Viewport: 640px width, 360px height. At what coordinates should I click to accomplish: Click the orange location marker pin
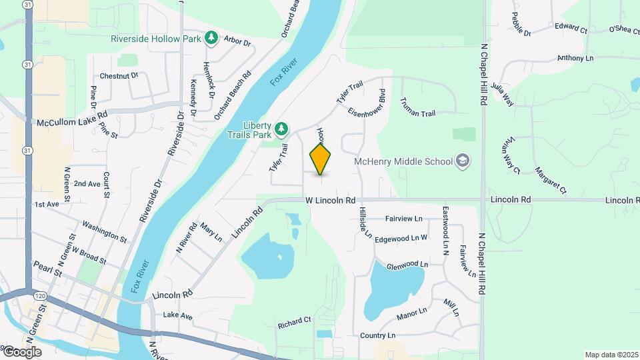click(321, 159)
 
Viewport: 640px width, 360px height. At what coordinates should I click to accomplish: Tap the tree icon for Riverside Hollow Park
click(211, 38)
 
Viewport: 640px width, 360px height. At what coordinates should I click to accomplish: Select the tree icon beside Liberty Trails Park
click(281, 127)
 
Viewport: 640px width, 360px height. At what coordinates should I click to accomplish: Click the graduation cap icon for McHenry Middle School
click(462, 161)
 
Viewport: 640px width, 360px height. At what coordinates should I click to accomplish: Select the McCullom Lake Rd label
click(72, 123)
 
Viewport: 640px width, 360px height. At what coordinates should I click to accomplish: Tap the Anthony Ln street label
click(575, 58)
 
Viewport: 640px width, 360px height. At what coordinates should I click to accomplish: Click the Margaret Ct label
click(550, 179)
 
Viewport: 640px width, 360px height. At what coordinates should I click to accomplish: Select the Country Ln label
click(377, 335)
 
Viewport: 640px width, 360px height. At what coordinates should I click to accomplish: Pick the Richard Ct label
click(294, 320)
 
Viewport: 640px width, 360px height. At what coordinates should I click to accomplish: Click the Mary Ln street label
click(211, 232)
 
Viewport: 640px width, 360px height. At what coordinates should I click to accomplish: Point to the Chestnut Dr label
click(118, 76)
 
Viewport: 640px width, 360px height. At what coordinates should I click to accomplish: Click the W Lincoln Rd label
click(331, 200)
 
